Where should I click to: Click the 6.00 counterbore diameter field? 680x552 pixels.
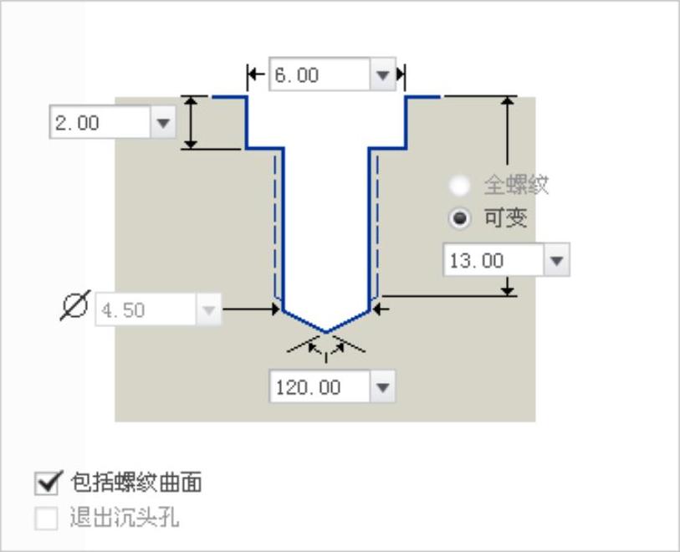319,75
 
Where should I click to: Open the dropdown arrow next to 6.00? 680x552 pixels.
383,75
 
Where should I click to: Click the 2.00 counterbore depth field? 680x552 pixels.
100,124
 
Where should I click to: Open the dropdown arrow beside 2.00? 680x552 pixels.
162,124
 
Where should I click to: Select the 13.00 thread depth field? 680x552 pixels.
493,261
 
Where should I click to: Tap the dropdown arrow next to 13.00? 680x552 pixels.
557,261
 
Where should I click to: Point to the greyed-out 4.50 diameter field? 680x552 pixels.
146,310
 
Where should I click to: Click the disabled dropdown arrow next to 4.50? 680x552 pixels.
209,310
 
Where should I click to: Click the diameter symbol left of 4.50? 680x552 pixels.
74,309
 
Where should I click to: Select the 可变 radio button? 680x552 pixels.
459,219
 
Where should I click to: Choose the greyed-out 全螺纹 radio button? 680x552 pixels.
459,185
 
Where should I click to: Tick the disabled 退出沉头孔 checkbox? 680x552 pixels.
46,519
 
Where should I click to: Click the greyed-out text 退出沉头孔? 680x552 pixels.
124,519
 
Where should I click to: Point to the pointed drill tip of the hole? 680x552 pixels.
326,331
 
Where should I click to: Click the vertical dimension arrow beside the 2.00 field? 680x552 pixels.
192,123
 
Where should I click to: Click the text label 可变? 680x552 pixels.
505,219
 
